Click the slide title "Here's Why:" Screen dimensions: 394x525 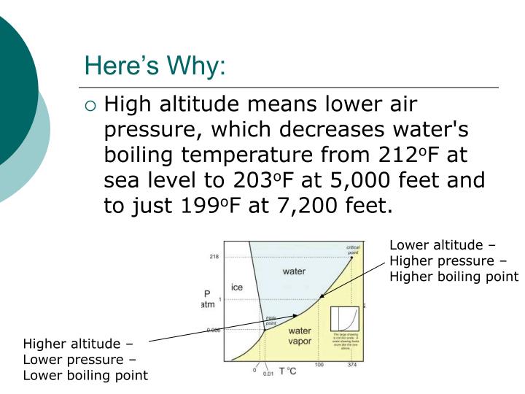coord(155,66)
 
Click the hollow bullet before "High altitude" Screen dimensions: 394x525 coord(90,106)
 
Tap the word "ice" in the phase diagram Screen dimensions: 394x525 coord(237,287)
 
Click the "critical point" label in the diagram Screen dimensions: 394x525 coord(353,250)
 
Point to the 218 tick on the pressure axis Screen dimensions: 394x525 coord(214,257)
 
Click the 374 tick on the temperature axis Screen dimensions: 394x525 coord(351,364)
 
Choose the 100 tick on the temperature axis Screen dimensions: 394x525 coord(319,364)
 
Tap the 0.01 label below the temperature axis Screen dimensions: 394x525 coord(269,373)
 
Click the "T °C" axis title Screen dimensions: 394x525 coord(287,371)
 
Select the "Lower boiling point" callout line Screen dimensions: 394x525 coord(85,375)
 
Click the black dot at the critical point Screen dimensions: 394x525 coord(351,258)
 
